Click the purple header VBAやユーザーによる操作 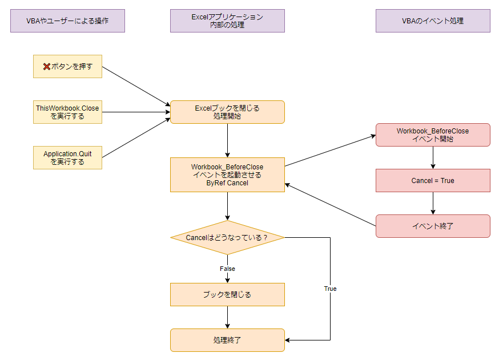coord(67,21)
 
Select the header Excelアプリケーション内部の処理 coord(227,21)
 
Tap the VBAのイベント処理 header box coord(433,21)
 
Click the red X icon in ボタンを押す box coord(47,67)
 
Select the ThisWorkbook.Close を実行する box coord(67,112)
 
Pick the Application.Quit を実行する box coord(67,158)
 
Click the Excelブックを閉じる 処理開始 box coord(227,112)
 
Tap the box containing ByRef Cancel coord(227,175)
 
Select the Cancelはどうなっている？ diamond coord(227,237)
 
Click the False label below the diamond coord(227,269)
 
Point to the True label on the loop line coord(330,289)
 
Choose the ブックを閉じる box coord(227,295)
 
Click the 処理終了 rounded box coord(227,340)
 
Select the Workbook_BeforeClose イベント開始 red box coord(433,135)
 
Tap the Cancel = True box coord(433,181)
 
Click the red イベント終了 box coord(433,226)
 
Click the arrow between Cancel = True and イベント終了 coord(433,203)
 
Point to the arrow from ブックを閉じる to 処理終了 coord(227,317)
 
